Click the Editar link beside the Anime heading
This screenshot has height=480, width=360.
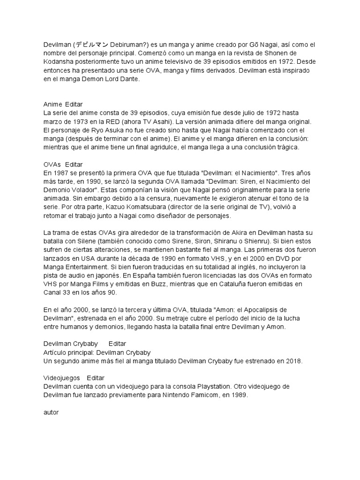[x=74, y=104]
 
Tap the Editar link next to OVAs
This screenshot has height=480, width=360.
[x=74, y=165]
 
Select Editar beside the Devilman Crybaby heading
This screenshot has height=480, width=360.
[x=117, y=344]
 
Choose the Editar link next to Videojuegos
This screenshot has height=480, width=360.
[x=96, y=378]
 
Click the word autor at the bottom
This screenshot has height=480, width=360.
[x=51, y=412]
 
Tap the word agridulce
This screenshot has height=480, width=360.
[x=162, y=147]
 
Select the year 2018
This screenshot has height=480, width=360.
[x=295, y=361]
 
